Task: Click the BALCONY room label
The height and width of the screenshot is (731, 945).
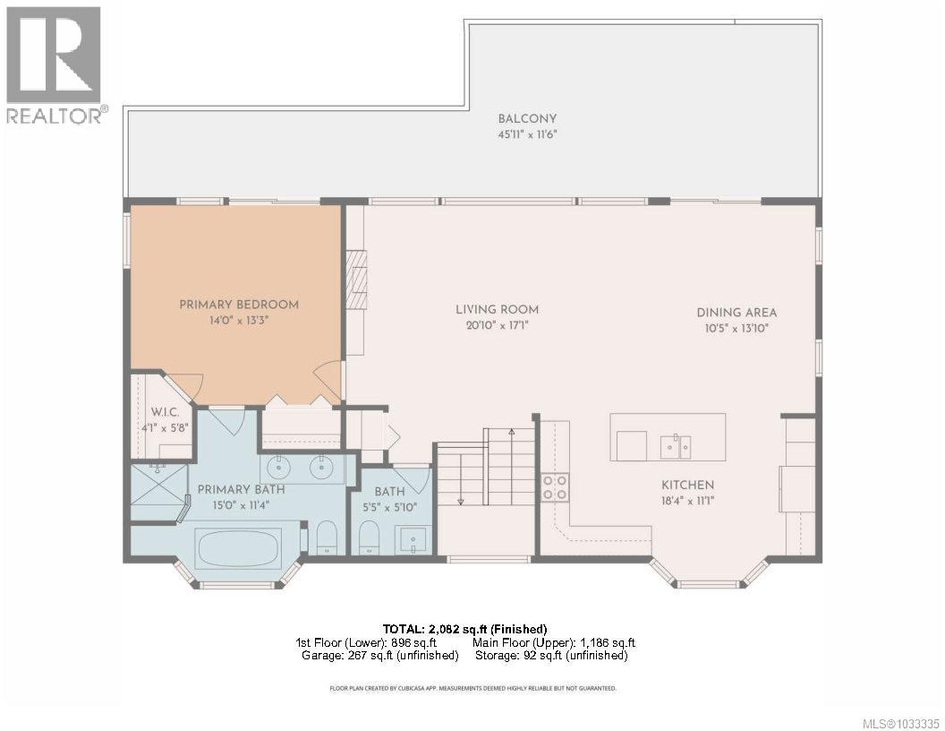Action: pos(527,119)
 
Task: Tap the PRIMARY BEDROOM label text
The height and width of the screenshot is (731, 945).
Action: pos(239,305)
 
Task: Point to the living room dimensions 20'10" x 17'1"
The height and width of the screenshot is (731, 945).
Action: pos(497,326)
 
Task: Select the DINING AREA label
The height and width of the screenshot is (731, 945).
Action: pos(736,313)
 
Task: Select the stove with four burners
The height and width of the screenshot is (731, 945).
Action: pos(555,487)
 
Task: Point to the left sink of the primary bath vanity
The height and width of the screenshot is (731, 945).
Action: pos(278,467)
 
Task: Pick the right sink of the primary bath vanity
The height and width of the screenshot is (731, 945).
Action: pos(319,467)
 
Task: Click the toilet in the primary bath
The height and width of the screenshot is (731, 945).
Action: pos(327,539)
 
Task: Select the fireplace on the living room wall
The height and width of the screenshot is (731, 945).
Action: pos(358,279)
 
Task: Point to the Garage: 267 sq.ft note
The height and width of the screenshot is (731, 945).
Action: pos(380,656)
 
